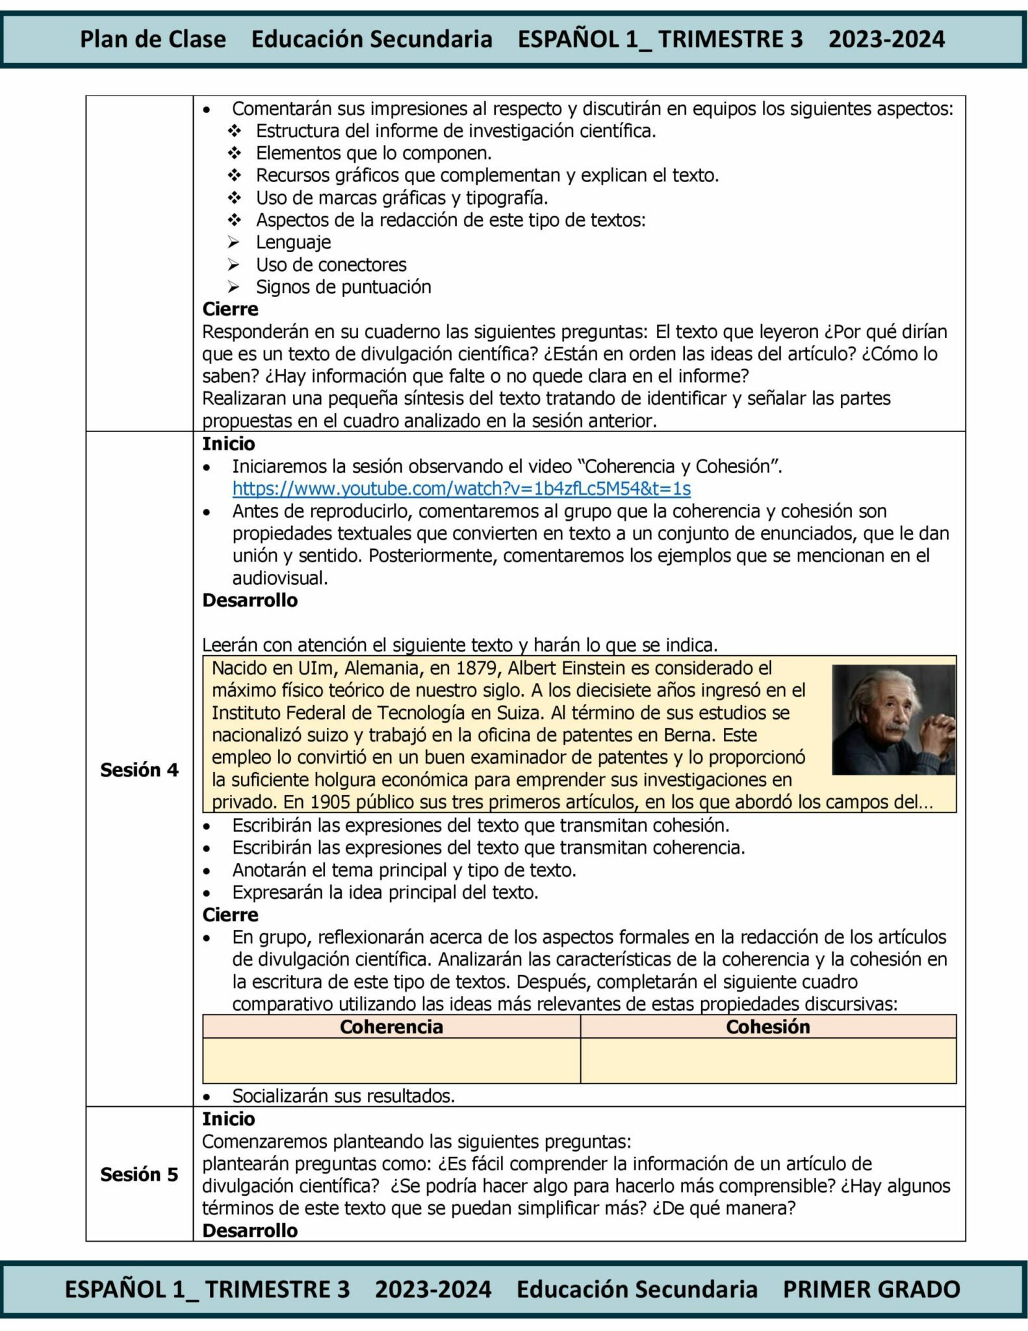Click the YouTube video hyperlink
click(x=461, y=488)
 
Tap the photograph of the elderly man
click(x=893, y=719)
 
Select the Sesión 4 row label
click(x=139, y=769)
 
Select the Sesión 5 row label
click(x=139, y=1174)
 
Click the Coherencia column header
click(x=391, y=1026)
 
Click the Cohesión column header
click(x=767, y=1026)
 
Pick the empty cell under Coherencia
click(x=391, y=1060)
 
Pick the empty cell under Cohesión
click(x=767, y=1060)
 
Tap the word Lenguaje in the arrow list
click(x=293, y=242)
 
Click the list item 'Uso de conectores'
click(x=331, y=265)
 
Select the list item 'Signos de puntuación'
click(x=343, y=287)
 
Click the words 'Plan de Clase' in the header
click(x=153, y=39)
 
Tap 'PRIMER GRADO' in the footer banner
click(x=871, y=1289)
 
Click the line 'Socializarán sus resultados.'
click(x=343, y=1096)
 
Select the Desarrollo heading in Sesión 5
click(x=250, y=1230)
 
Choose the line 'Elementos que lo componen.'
click(x=374, y=153)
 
